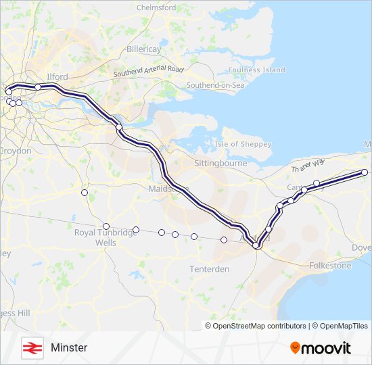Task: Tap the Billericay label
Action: tap(144, 50)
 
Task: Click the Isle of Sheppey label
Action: tap(243, 144)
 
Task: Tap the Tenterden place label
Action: tap(209, 269)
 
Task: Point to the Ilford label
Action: tap(57, 77)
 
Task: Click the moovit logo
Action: tap(321, 348)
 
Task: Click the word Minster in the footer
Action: tap(69, 348)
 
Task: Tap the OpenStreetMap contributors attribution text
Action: tap(259, 326)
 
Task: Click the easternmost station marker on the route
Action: tap(365, 172)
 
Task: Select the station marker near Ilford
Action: tap(38, 87)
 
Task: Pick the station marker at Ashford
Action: tap(256, 245)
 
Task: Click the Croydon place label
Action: tap(16, 151)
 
